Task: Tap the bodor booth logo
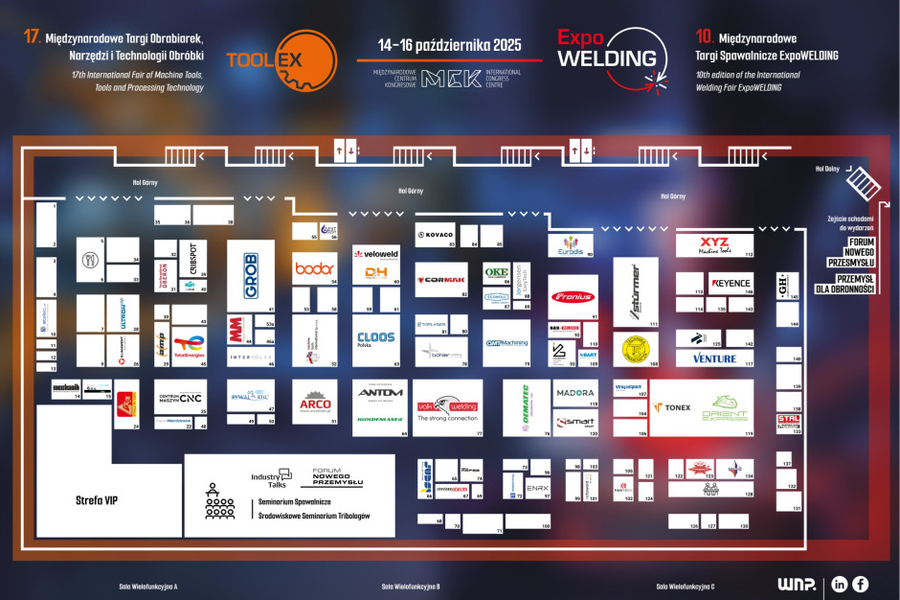315,268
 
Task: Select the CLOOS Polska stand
376,339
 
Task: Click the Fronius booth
574,297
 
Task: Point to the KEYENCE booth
731,283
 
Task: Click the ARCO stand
315,404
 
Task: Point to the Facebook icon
861,583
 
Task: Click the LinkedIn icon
840,583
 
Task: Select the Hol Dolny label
827,169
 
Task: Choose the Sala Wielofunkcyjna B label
411,586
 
